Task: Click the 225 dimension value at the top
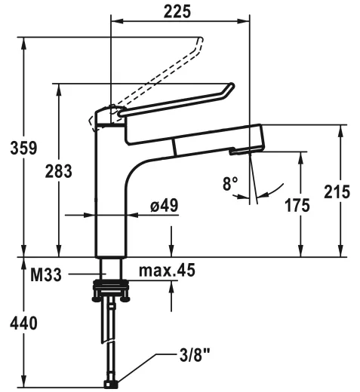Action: click(177, 11)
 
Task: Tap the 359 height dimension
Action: click(23, 148)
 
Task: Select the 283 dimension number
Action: click(59, 171)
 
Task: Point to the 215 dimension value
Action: click(337, 191)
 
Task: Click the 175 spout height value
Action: click(297, 205)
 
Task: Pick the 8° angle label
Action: click(230, 183)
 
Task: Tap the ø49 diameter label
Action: click(165, 205)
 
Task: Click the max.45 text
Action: click(167, 270)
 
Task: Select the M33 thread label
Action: click(46, 274)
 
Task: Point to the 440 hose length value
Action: click(23, 323)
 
